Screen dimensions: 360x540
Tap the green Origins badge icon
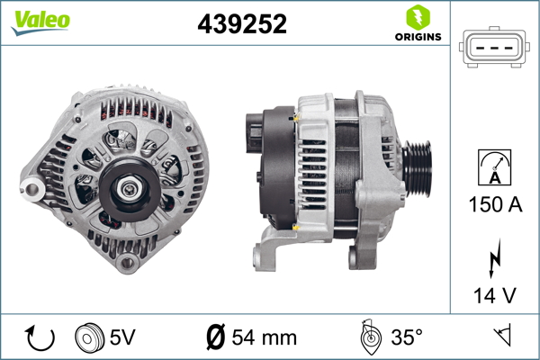(x=417, y=16)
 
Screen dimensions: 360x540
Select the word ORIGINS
(x=417, y=37)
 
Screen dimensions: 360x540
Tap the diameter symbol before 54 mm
(x=215, y=338)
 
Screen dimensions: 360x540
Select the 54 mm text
(x=264, y=338)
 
